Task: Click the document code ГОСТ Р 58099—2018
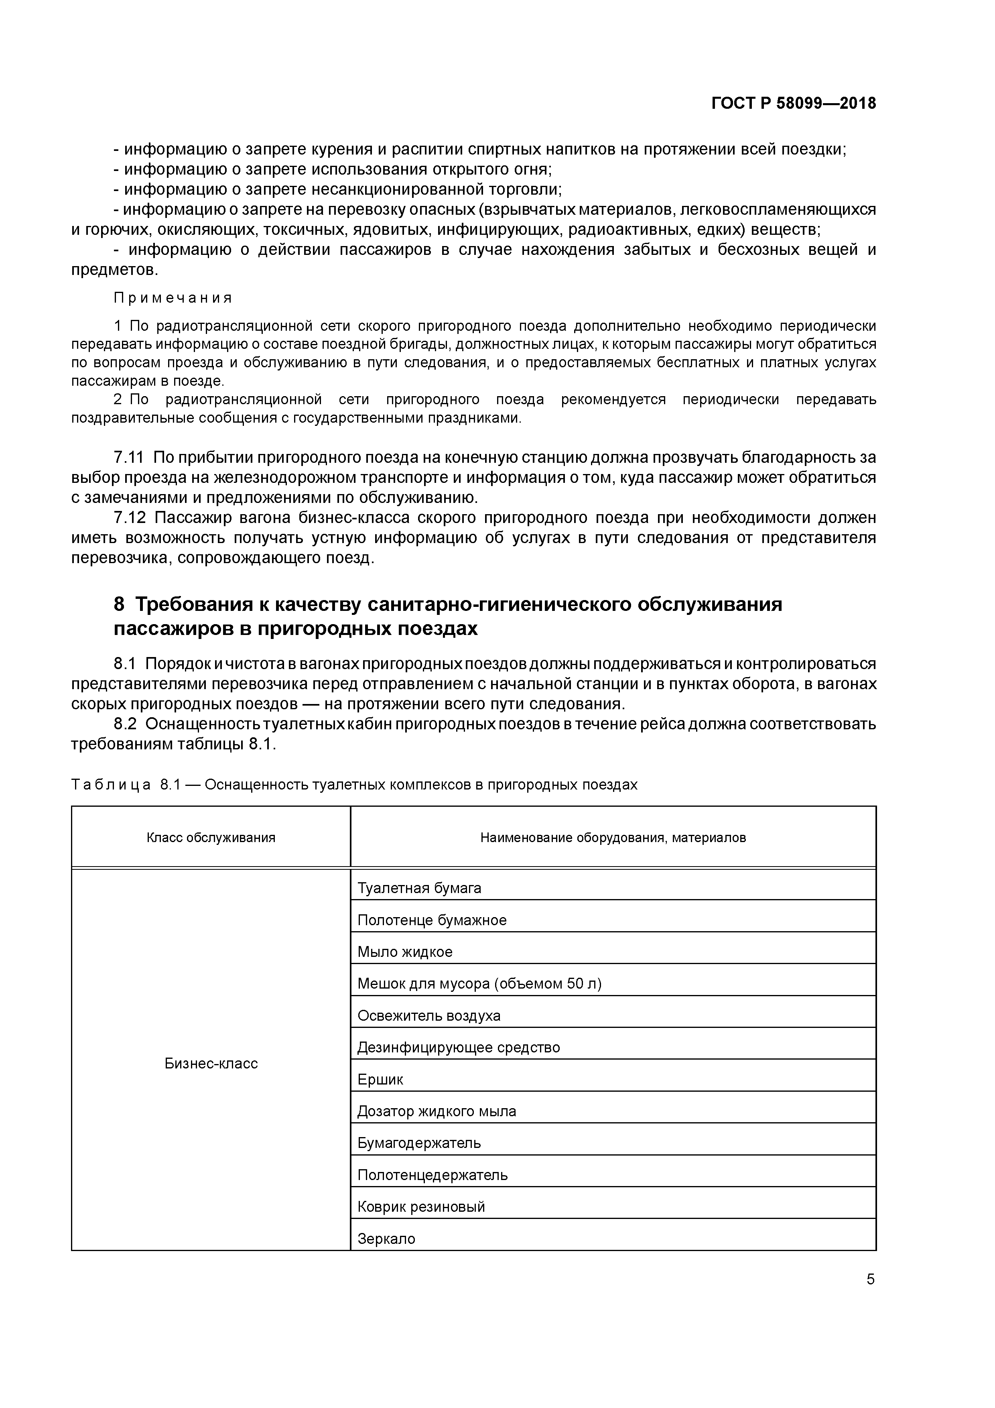click(793, 104)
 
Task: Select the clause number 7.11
click(129, 458)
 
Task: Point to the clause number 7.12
click(129, 518)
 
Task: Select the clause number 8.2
click(125, 724)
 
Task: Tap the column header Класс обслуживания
click(211, 838)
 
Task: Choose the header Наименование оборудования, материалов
click(613, 838)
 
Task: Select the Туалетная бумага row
click(419, 888)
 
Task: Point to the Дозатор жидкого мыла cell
click(437, 1112)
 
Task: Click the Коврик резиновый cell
click(421, 1207)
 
